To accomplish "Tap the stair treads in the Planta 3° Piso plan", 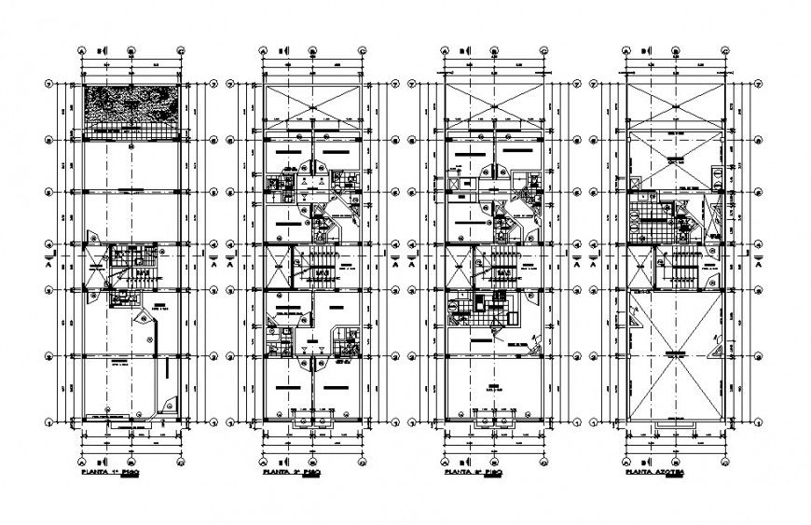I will (501, 272).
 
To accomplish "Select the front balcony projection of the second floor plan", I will (309, 423).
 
